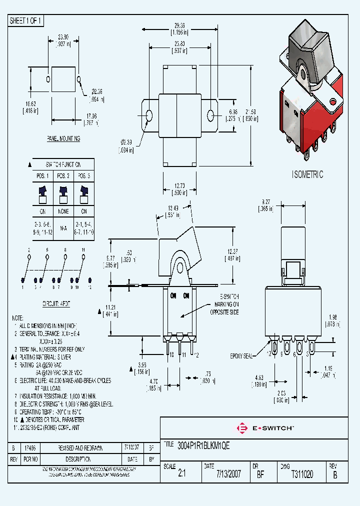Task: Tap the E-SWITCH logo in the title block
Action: pos(264,428)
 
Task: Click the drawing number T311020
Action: pos(302,474)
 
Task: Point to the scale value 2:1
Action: pos(181,474)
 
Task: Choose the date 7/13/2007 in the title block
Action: pos(228,474)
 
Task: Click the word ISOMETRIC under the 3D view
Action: pos(307,174)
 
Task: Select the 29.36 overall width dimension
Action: pos(179,26)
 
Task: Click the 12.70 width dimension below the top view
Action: pos(174,185)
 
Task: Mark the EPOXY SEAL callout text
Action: pos(242,356)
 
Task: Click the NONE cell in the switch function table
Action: pos(63,211)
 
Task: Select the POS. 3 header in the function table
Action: pos(83,176)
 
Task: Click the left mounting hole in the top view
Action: pos(149,115)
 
